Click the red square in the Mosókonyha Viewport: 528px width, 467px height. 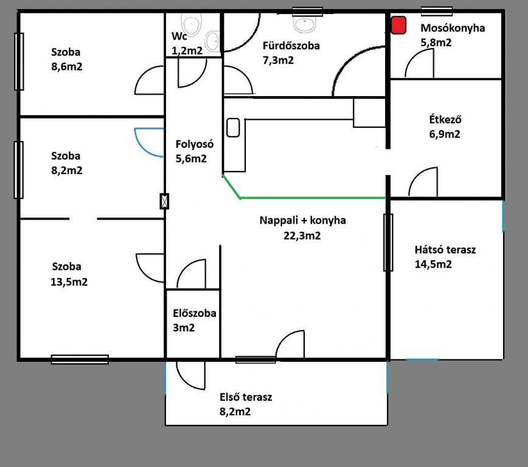tap(398, 26)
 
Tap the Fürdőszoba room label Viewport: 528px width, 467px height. tap(291, 46)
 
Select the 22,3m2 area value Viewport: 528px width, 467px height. tap(302, 235)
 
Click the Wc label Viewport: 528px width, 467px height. tap(179, 36)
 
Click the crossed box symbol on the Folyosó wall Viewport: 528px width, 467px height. tap(164, 201)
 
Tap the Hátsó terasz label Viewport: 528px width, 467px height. tap(445, 249)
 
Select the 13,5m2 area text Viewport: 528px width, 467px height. tap(69, 282)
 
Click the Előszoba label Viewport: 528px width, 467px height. tap(194, 313)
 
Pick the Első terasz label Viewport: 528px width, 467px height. tap(246, 397)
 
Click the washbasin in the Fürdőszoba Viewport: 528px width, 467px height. tap(305, 24)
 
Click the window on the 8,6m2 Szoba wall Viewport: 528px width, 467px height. tap(19, 61)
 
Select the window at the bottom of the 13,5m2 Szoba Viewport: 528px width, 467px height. tap(80, 359)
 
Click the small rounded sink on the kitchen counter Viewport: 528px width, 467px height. tap(233, 128)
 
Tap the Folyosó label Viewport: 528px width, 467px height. tap(194, 144)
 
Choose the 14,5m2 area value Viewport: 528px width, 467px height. tap(433, 264)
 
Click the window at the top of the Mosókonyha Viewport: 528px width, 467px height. tap(436, 11)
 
